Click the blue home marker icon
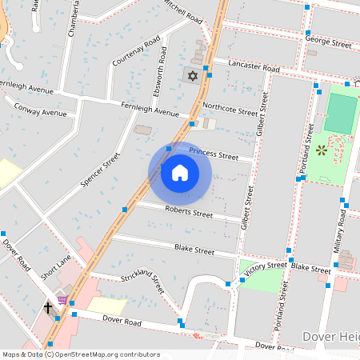pos(179,173)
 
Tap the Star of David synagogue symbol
pos(191,76)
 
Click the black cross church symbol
pos(48,306)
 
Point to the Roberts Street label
pos(189,213)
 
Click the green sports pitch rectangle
pos(342,114)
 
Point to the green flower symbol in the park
pos(322,150)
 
